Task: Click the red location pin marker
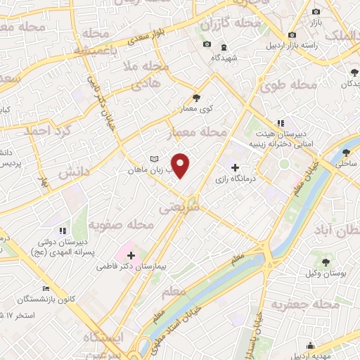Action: [x=181, y=165]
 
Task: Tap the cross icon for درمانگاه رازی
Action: [x=235, y=168]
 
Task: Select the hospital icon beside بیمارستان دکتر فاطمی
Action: [x=131, y=255]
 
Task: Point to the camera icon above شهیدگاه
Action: [x=207, y=44]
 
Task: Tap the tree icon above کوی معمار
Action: [x=196, y=98]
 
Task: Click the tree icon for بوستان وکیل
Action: [x=325, y=262]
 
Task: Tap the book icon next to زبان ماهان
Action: [x=154, y=159]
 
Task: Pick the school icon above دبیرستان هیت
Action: [x=281, y=123]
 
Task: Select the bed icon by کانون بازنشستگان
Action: [x=46, y=288]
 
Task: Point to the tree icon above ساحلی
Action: [x=345, y=152]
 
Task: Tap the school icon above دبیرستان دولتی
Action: [x=62, y=230]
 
